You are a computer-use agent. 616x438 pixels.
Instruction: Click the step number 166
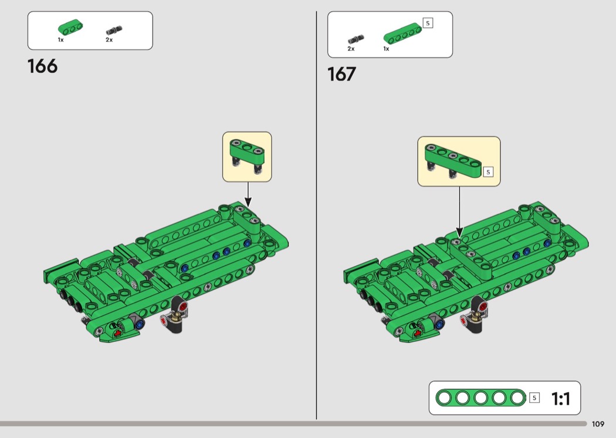[42, 66]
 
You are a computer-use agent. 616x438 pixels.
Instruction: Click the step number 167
[342, 75]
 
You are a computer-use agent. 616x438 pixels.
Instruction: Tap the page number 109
[598, 424]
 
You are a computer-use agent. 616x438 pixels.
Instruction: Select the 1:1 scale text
[561, 399]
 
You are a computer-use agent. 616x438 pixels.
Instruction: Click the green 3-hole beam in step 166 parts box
[70, 27]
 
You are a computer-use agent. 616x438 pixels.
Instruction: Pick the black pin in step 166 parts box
[114, 31]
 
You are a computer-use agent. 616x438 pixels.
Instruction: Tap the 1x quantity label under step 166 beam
[60, 40]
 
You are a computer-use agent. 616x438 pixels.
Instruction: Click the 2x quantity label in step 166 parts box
[109, 40]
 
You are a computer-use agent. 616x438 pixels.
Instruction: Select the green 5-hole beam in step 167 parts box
[402, 33]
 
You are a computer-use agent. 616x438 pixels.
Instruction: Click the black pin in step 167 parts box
[356, 39]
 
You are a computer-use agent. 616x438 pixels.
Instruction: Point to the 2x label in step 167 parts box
[351, 49]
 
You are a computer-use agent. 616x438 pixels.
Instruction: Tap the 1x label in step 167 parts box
[386, 49]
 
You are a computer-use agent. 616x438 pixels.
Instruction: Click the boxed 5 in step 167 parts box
[428, 23]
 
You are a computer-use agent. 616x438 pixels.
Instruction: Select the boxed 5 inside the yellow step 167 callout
[488, 172]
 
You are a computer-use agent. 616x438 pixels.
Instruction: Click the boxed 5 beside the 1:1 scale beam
[534, 398]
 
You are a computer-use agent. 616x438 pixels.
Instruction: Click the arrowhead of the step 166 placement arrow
[248, 202]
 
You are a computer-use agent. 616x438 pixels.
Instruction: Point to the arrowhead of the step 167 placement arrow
[459, 233]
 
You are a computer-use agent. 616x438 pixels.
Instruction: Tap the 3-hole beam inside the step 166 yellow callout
[247, 151]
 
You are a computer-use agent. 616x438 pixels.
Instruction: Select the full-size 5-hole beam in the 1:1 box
[480, 398]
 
